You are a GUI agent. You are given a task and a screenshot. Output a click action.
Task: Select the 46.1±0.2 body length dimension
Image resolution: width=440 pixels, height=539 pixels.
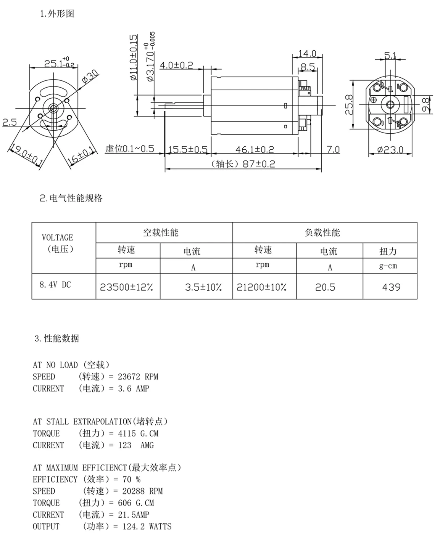pos(255,149)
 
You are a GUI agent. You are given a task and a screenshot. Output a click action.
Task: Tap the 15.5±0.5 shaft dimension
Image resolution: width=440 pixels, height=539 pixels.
pos(188,149)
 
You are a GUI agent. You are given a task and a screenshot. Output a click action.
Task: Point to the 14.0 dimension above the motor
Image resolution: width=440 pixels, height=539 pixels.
pos(307,53)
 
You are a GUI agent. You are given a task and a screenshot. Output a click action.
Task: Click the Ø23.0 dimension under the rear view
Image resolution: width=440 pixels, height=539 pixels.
pos(390,150)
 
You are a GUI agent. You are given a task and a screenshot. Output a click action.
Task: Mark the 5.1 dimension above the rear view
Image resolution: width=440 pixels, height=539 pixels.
pos(390,56)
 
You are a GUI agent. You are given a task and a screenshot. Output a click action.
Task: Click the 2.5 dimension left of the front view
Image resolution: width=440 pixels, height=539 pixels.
pos(10,122)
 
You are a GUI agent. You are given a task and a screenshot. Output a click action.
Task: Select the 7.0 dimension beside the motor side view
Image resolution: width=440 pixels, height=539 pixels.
pos(333,149)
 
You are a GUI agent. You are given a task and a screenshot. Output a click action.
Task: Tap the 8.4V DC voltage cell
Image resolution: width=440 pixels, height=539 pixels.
pos(55,285)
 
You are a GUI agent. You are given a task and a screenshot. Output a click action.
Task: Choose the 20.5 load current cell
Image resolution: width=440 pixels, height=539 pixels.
pos(325,287)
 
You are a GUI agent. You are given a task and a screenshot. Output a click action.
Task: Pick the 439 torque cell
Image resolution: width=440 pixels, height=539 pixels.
pos(391,287)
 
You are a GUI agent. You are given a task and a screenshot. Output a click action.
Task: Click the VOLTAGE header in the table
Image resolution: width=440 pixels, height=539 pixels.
pos(57,238)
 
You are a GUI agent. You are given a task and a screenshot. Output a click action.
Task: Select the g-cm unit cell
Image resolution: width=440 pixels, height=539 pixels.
pos(388,266)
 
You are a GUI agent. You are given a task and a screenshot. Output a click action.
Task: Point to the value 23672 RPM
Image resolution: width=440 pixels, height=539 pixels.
pos(138,377)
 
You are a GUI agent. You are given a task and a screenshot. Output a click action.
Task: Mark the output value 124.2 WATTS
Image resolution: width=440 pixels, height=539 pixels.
pos(147,526)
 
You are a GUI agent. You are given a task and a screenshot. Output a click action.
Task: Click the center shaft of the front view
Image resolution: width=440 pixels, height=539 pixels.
pos(53,108)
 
